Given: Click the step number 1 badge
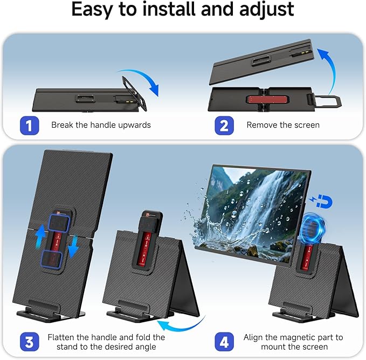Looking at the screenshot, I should [x=29, y=126].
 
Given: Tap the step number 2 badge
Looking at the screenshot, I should [x=224, y=126].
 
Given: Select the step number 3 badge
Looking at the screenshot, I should [x=29, y=342].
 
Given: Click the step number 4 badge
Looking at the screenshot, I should [x=224, y=342].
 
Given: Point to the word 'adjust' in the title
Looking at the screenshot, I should [x=265, y=10].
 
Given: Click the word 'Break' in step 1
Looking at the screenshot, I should [x=63, y=125].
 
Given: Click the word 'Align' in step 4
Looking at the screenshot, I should [x=254, y=337].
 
